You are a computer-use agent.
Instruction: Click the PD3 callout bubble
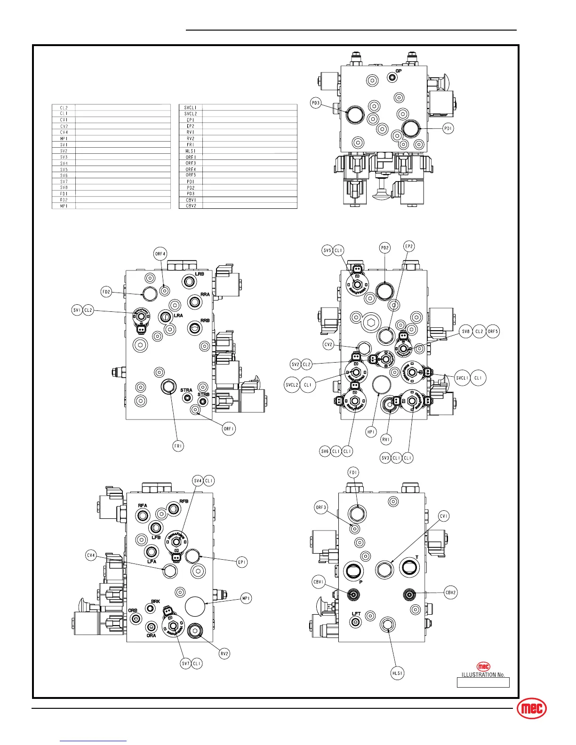click(315, 103)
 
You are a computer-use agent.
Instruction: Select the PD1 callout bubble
click(448, 128)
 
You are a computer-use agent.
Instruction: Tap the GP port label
click(398, 71)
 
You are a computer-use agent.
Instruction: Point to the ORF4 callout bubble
click(160, 254)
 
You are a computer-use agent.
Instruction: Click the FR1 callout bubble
click(178, 446)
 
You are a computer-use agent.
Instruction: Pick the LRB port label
click(200, 274)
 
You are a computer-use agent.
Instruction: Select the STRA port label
click(186, 390)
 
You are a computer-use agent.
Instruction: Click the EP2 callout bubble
click(409, 246)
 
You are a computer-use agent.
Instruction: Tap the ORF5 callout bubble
click(493, 332)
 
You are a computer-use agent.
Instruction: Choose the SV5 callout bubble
click(328, 251)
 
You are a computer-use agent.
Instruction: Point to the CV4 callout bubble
click(91, 555)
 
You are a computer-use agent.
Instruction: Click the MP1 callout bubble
click(246, 598)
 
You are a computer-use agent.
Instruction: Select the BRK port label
click(155, 602)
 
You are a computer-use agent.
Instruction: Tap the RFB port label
click(184, 501)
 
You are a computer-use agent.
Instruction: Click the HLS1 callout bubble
click(398, 673)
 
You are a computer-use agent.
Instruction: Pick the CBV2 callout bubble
click(450, 593)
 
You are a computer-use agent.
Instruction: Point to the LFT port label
click(356, 614)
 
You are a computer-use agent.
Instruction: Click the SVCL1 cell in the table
click(191, 108)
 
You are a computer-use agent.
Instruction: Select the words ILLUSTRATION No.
click(483, 675)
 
